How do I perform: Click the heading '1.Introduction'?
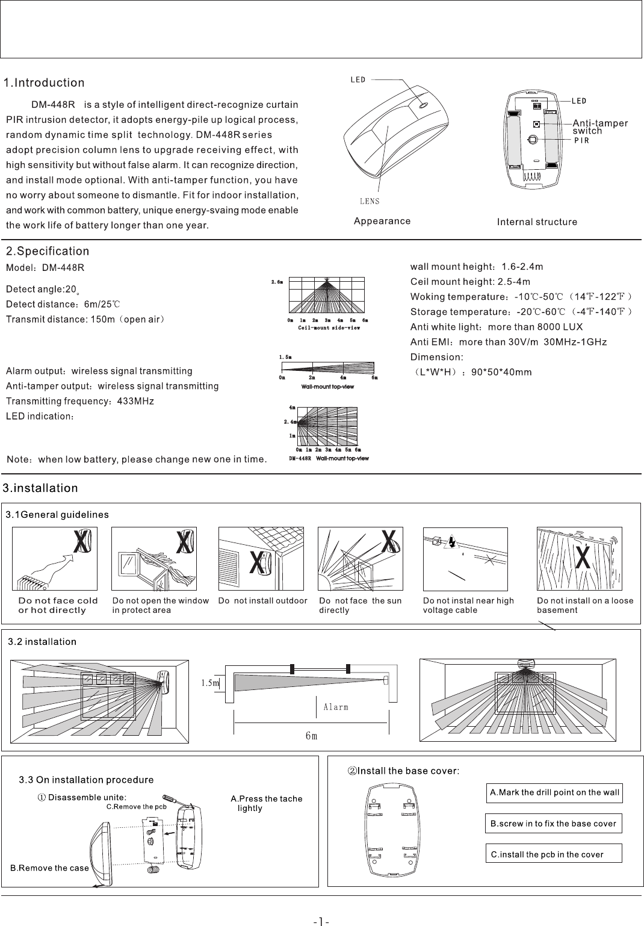pyautogui.click(x=45, y=82)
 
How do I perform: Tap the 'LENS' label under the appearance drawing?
pyautogui.click(x=368, y=201)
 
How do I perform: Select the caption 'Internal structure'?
pyautogui.click(x=537, y=222)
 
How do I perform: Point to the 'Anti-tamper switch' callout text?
pyautogui.click(x=599, y=126)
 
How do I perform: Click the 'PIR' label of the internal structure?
pyautogui.click(x=581, y=141)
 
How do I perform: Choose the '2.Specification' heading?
pyautogui.click(x=48, y=251)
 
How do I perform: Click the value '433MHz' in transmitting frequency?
pyautogui.click(x=135, y=401)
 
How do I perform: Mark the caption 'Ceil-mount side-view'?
pyautogui.click(x=329, y=328)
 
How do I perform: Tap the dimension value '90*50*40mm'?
pyautogui.click(x=501, y=372)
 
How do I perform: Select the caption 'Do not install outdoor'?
pyautogui.click(x=263, y=601)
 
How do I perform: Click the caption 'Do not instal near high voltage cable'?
pyautogui.click(x=468, y=605)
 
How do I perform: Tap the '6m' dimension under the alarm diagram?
pyautogui.click(x=311, y=736)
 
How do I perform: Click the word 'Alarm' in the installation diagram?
pyautogui.click(x=336, y=707)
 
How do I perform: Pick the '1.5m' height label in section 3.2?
pyautogui.click(x=209, y=683)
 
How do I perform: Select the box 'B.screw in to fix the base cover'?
pyautogui.click(x=553, y=824)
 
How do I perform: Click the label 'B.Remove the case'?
pyautogui.click(x=49, y=868)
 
